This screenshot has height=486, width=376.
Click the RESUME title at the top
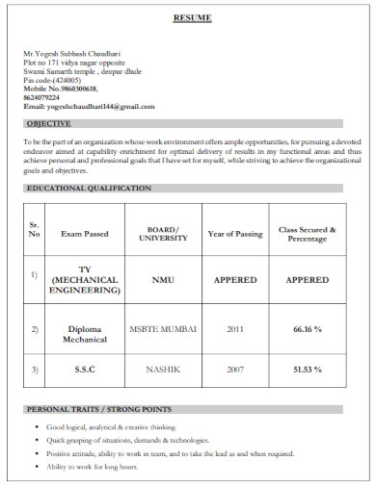click(x=192, y=18)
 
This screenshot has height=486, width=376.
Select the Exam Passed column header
click(x=85, y=234)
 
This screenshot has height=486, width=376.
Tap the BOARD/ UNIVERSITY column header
click(x=163, y=234)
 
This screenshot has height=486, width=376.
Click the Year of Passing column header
click(x=234, y=234)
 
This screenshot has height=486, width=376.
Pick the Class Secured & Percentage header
click(x=307, y=234)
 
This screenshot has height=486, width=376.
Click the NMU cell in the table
click(x=163, y=280)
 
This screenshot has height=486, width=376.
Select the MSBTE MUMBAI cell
click(x=163, y=328)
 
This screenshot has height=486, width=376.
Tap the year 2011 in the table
click(x=234, y=328)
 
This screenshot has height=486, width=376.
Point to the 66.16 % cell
click(x=307, y=328)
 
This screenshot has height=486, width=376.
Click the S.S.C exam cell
click(x=85, y=369)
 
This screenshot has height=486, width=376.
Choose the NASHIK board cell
click(x=163, y=369)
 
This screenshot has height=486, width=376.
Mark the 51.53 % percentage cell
click(x=307, y=369)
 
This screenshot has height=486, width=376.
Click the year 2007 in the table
click(x=234, y=369)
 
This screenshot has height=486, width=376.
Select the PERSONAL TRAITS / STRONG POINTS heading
click(x=99, y=409)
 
